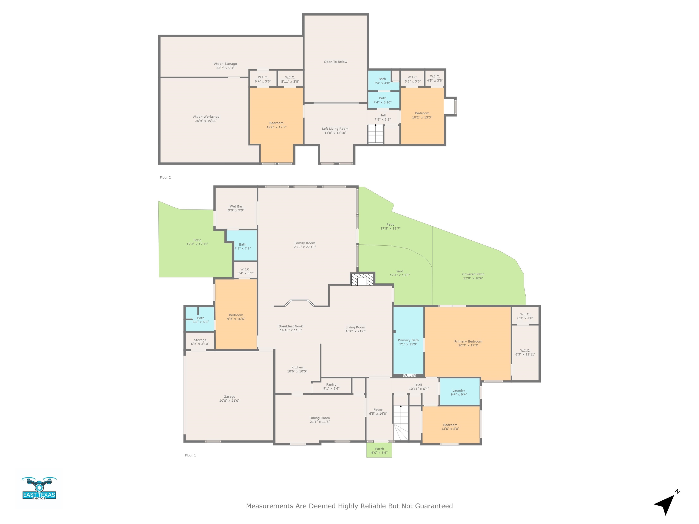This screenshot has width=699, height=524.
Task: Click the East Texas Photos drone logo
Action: pyautogui.click(x=39, y=488)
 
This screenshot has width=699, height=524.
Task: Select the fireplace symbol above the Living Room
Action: pyautogui.click(x=362, y=280)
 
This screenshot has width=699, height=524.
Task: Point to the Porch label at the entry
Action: pyautogui.click(x=380, y=449)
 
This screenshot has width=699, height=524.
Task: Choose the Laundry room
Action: pyautogui.click(x=460, y=392)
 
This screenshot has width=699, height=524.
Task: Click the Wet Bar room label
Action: pyautogui.click(x=236, y=207)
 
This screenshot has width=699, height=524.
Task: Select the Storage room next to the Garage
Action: pyautogui.click(x=200, y=341)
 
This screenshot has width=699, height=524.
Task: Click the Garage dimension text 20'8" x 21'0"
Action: pyautogui.click(x=229, y=401)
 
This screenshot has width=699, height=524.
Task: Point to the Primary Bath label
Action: pyautogui.click(x=408, y=340)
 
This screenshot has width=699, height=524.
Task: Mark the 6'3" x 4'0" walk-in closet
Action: pyautogui.click(x=525, y=316)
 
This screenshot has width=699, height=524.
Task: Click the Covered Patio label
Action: pyautogui.click(x=473, y=274)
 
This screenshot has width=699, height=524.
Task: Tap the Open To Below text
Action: pyautogui.click(x=335, y=62)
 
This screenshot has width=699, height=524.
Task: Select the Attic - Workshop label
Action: pyautogui.click(x=206, y=116)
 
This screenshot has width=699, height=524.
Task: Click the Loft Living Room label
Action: pyautogui.click(x=335, y=129)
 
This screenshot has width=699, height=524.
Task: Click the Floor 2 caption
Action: pyautogui.click(x=165, y=177)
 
